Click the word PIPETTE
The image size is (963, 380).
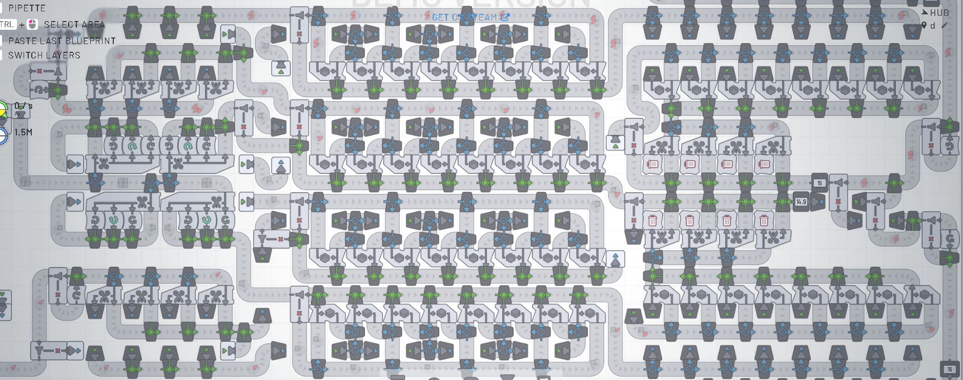pos(27,8)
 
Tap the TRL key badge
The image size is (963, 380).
pos(7,24)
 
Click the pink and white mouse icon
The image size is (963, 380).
pos(33,24)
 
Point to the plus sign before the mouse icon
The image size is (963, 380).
pos(22,25)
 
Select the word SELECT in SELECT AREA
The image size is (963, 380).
pos(59,25)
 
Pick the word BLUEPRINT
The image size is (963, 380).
pos(91,41)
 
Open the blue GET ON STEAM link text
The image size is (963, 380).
pos(464,17)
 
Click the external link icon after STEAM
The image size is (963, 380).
pos(505,17)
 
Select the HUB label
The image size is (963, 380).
pos(939,13)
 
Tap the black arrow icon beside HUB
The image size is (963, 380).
pos(925,12)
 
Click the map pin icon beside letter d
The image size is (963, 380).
pos(924,26)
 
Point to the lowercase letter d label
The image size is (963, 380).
pos(933,26)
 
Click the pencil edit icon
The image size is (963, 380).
pos(945,25)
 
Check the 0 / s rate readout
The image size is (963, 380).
pos(24,106)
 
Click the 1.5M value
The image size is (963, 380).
pos(24,132)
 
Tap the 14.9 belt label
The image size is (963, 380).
pos(801,202)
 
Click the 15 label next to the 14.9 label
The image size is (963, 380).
pos(819,183)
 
